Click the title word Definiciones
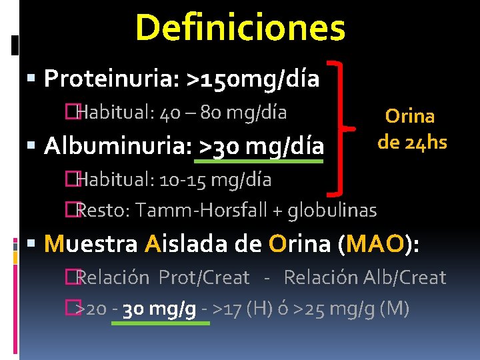240,28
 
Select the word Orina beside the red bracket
410,116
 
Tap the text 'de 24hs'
412,141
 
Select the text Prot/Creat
204,277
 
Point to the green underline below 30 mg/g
159,323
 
